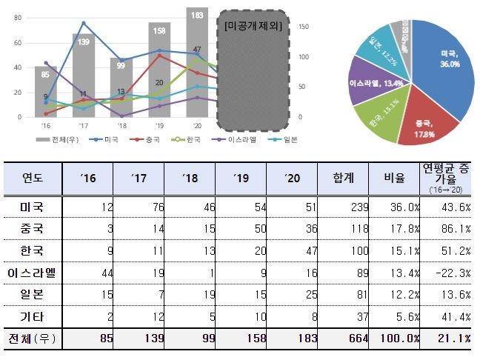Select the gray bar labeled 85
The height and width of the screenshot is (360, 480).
tap(46, 93)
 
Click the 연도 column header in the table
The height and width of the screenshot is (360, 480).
tap(33, 178)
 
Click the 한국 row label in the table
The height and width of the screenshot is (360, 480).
tap(33, 250)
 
